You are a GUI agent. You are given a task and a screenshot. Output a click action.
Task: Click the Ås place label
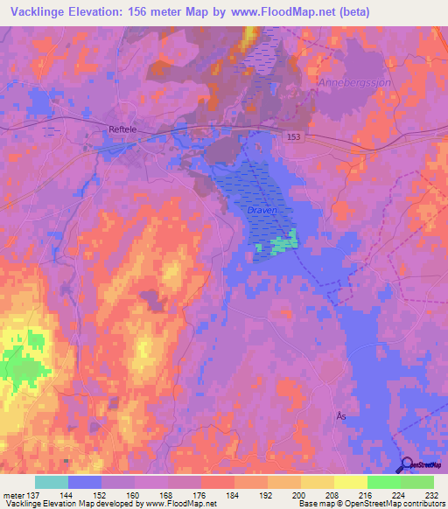pyautogui.click(x=341, y=416)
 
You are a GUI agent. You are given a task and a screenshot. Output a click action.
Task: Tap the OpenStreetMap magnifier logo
pyautogui.click(x=408, y=465)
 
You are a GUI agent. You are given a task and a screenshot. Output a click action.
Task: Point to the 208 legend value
pyautogui.click(x=332, y=495)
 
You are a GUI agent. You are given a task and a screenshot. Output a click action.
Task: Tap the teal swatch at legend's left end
pyautogui.click(x=51, y=482)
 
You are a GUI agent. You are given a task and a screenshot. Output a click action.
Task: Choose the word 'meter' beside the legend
pyautogui.click(x=15, y=495)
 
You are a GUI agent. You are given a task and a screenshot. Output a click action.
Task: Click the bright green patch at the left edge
pyautogui.click(x=19, y=364)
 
